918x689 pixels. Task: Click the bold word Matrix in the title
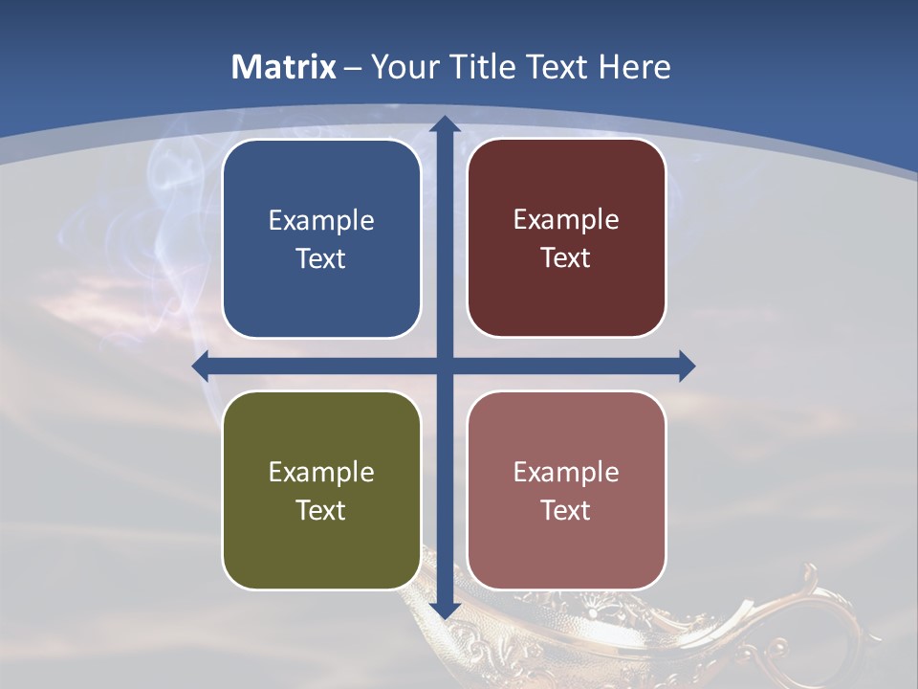[284, 67]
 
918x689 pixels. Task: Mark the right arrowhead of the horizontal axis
[686, 366]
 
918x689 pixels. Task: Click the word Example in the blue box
[321, 221]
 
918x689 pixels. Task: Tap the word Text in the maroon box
[566, 258]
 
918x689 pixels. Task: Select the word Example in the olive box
[321, 473]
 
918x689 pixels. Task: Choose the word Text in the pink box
[566, 511]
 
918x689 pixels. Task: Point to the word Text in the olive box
[321, 511]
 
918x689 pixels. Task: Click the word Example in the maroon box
[566, 220]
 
